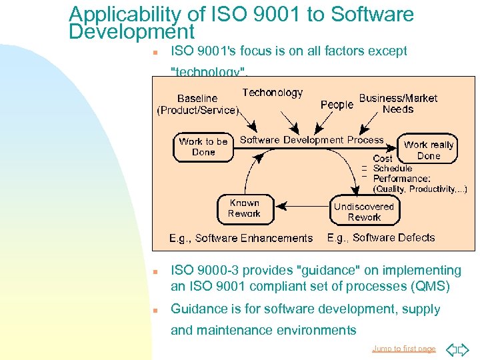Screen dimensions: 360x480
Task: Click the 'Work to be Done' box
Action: (x=203, y=147)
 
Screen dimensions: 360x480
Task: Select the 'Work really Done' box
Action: (x=429, y=150)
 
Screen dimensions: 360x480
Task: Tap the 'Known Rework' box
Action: (x=244, y=209)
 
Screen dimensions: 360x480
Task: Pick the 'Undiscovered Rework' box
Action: (x=363, y=211)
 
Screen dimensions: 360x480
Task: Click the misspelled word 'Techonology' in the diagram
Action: (x=272, y=93)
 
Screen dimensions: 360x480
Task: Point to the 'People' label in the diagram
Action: (x=337, y=105)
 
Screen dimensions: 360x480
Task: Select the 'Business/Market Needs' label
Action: (x=398, y=103)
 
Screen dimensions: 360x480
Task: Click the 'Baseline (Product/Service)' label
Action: (x=197, y=104)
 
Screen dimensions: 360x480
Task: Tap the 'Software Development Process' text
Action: (x=311, y=140)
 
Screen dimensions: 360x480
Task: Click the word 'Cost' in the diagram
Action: (x=383, y=159)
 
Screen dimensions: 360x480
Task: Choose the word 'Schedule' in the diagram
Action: (x=393, y=169)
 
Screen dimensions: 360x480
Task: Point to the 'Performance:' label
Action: (x=401, y=179)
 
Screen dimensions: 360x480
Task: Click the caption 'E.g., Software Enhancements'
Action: (x=241, y=238)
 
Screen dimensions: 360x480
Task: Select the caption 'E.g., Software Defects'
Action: (x=381, y=237)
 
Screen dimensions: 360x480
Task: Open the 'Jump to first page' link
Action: (x=403, y=349)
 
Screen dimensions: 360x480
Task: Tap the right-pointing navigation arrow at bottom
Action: (x=465, y=349)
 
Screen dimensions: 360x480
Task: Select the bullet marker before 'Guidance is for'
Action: (x=154, y=310)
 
